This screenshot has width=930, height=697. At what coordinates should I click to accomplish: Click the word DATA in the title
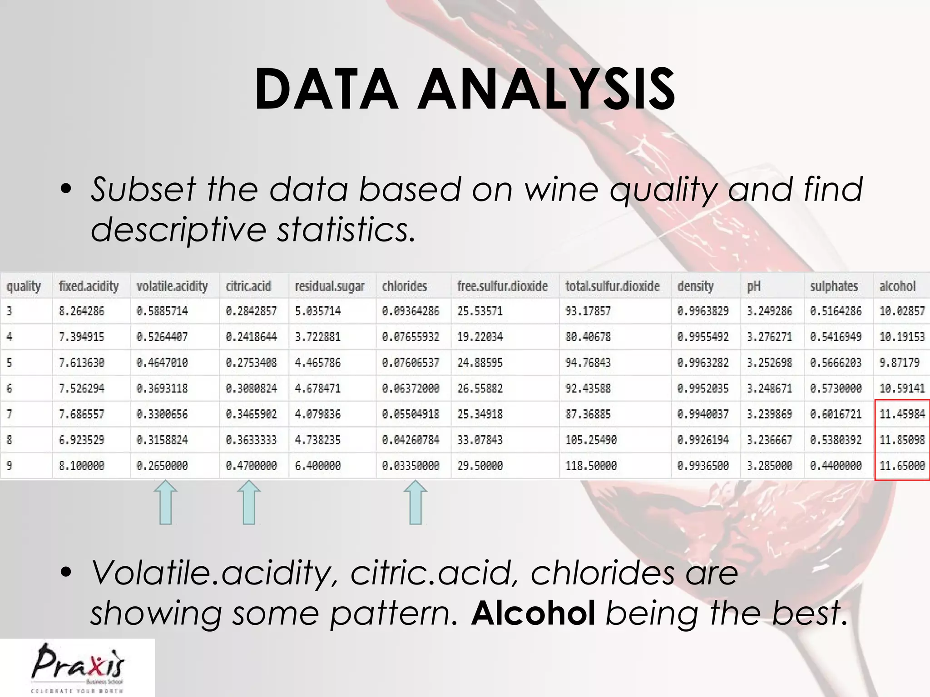326,89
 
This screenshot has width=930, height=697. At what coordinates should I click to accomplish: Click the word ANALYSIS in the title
546,89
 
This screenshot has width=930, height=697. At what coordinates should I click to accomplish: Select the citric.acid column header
248,286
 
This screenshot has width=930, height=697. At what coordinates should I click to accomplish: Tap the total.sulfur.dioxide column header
612,286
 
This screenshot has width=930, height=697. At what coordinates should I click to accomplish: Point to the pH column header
754,286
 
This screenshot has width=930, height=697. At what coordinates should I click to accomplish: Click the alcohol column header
897,286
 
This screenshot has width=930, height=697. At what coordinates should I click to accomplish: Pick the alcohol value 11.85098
902,440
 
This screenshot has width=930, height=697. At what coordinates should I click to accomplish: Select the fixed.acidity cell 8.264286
81,311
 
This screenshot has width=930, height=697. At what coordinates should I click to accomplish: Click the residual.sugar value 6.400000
317,466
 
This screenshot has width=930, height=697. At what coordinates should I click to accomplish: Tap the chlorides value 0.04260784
411,440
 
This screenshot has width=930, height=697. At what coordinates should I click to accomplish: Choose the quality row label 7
10,414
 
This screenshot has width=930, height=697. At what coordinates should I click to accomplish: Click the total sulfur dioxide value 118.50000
591,466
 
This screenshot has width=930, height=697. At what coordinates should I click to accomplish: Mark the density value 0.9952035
702,388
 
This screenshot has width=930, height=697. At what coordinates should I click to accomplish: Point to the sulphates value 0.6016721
836,414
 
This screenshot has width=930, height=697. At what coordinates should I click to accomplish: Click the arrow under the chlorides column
416,503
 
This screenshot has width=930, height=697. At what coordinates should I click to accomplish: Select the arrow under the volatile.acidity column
166,503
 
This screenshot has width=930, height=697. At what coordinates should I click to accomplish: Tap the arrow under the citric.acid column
249,503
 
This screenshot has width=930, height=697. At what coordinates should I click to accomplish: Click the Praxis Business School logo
77,667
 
